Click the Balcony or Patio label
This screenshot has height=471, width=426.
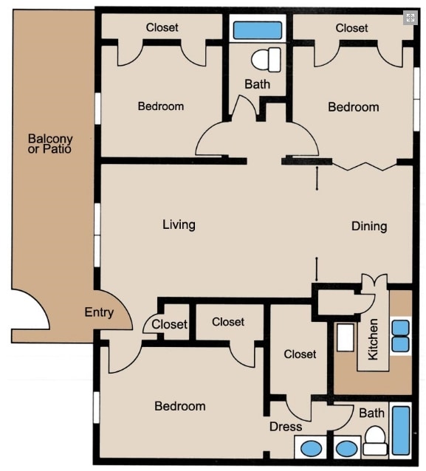(50, 143)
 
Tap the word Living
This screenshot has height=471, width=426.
(179, 224)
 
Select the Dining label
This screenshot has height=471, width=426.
(368, 226)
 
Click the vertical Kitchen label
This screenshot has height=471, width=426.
(374, 339)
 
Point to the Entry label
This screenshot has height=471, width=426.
(99, 312)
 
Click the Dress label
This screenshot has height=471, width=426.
(286, 427)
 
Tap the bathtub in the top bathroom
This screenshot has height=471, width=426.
(257, 30)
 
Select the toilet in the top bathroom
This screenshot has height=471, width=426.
(266, 58)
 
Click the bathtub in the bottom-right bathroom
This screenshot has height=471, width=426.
(401, 430)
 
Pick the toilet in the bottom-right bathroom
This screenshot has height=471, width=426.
(375, 441)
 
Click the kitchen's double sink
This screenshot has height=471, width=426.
(400, 336)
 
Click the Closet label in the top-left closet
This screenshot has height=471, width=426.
(162, 27)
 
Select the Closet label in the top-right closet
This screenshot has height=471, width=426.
(351, 28)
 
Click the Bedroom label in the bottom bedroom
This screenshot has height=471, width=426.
(179, 406)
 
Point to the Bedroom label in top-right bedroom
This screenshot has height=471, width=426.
(353, 107)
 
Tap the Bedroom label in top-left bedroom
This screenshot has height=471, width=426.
(160, 106)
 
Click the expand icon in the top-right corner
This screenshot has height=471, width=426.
(410, 18)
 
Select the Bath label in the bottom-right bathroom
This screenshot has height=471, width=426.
(371, 413)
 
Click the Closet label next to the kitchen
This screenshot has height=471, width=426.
(300, 354)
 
